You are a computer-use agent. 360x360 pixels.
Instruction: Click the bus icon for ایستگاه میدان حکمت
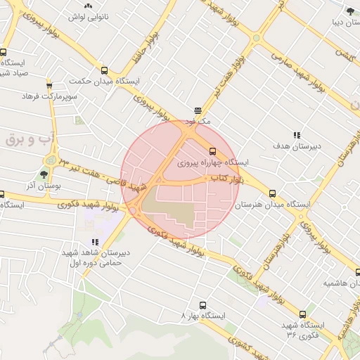tap(105, 70)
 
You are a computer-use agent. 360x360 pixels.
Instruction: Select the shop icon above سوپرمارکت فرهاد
tap(49, 84)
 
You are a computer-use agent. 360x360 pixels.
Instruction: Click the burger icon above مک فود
tap(199, 110)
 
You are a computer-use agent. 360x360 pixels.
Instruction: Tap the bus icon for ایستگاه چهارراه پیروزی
tap(212, 150)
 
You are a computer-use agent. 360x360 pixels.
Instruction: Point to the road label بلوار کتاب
tap(226, 180)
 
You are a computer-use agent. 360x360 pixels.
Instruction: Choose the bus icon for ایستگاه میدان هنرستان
tap(272, 194)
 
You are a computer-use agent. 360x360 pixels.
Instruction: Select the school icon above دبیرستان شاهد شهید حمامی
tap(96, 243)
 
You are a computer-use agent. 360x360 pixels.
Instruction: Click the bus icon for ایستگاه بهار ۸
tap(202, 306)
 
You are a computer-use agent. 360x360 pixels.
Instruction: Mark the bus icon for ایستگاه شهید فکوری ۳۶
tap(303, 314)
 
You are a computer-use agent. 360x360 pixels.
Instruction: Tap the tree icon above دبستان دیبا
tap(350, 11)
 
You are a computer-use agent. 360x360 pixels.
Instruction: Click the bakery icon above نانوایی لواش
tap(88, 5)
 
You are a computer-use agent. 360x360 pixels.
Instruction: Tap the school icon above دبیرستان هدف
tap(297, 134)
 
